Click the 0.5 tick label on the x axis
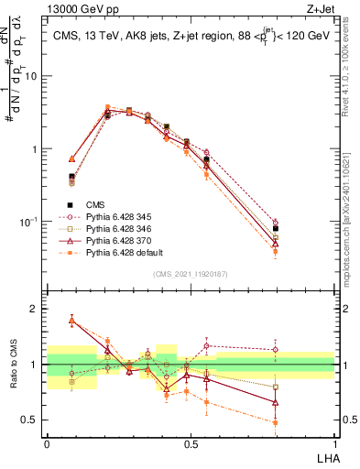(x=190, y=442)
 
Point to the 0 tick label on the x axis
(x=47, y=442)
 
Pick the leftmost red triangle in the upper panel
(x=72, y=158)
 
